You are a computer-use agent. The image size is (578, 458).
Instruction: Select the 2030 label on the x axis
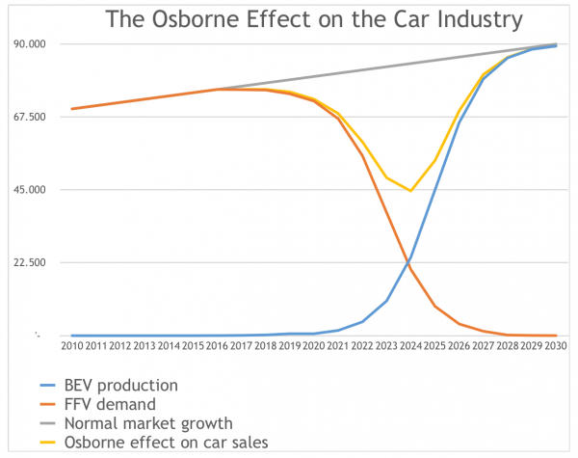tap(556, 345)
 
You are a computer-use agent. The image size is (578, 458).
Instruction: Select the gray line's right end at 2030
tap(556, 44)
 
